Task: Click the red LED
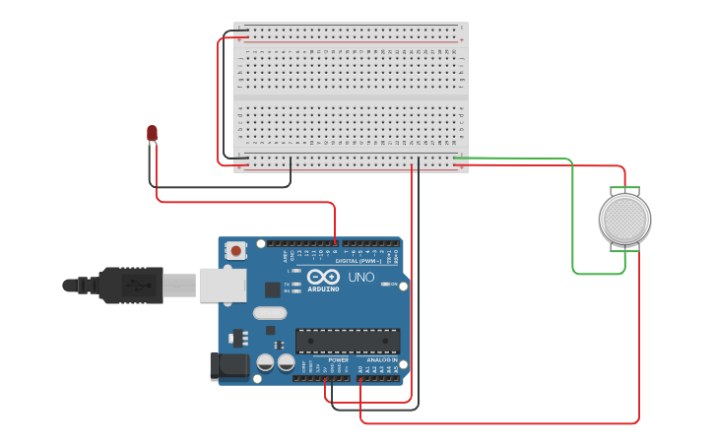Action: click(x=152, y=133)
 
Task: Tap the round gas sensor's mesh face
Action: click(x=624, y=219)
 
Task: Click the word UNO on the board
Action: click(x=361, y=278)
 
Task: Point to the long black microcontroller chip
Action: click(x=348, y=341)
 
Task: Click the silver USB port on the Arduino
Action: click(x=222, y=285)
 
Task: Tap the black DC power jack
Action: click(x=230, y=366)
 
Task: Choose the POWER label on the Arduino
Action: click(x=338, y=360)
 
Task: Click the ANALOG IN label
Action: click(x=382, y=360)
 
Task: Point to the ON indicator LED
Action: click(x=387, y=285)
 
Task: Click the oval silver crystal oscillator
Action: click(x=269, y=314)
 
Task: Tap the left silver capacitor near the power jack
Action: click(x=265, y=362)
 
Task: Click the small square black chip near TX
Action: click(x=273, y=289)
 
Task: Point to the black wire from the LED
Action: click(x=217, y=186)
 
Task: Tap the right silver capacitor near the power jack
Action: click(x=286, y=362)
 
